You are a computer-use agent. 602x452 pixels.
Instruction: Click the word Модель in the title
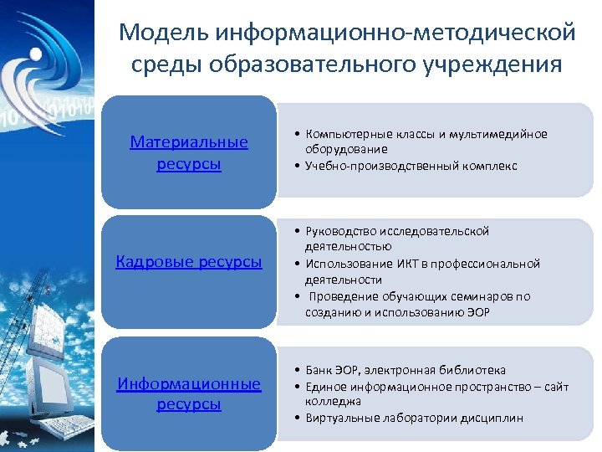(164, 33)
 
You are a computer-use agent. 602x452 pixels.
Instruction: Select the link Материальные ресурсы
(189, 152)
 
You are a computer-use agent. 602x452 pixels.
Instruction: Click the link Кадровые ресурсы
(189, 262)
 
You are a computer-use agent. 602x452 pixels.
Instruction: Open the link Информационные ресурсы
(189, 393)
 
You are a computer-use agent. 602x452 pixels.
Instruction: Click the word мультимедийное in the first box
(498, 134)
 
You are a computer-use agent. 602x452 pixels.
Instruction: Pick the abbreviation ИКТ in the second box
(397, 264)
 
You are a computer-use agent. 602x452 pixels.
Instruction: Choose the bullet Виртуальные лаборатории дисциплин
(414, 418)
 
